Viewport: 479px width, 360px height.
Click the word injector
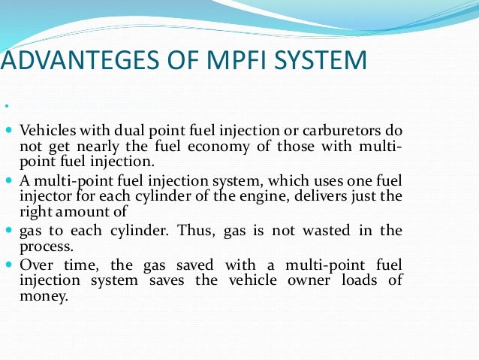click(x=44, y=196)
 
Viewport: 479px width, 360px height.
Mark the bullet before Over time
click(x=9, y=264)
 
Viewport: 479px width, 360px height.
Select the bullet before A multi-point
click(x=9, y=180)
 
